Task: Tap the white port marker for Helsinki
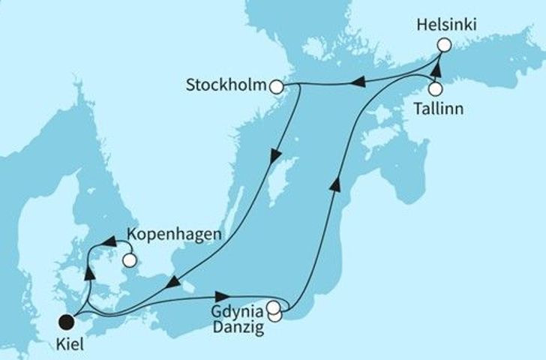[x=443, y=45]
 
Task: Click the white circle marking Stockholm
[x=277, y=87]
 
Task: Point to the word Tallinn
[x=436, y=109]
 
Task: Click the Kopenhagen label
[x=175, y=234]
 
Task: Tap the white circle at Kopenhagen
[x=131, y=261]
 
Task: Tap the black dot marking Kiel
[x=67, y=322]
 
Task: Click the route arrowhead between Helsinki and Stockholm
[x=359, y=84]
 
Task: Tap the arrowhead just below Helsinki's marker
[x=436, y=67]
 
